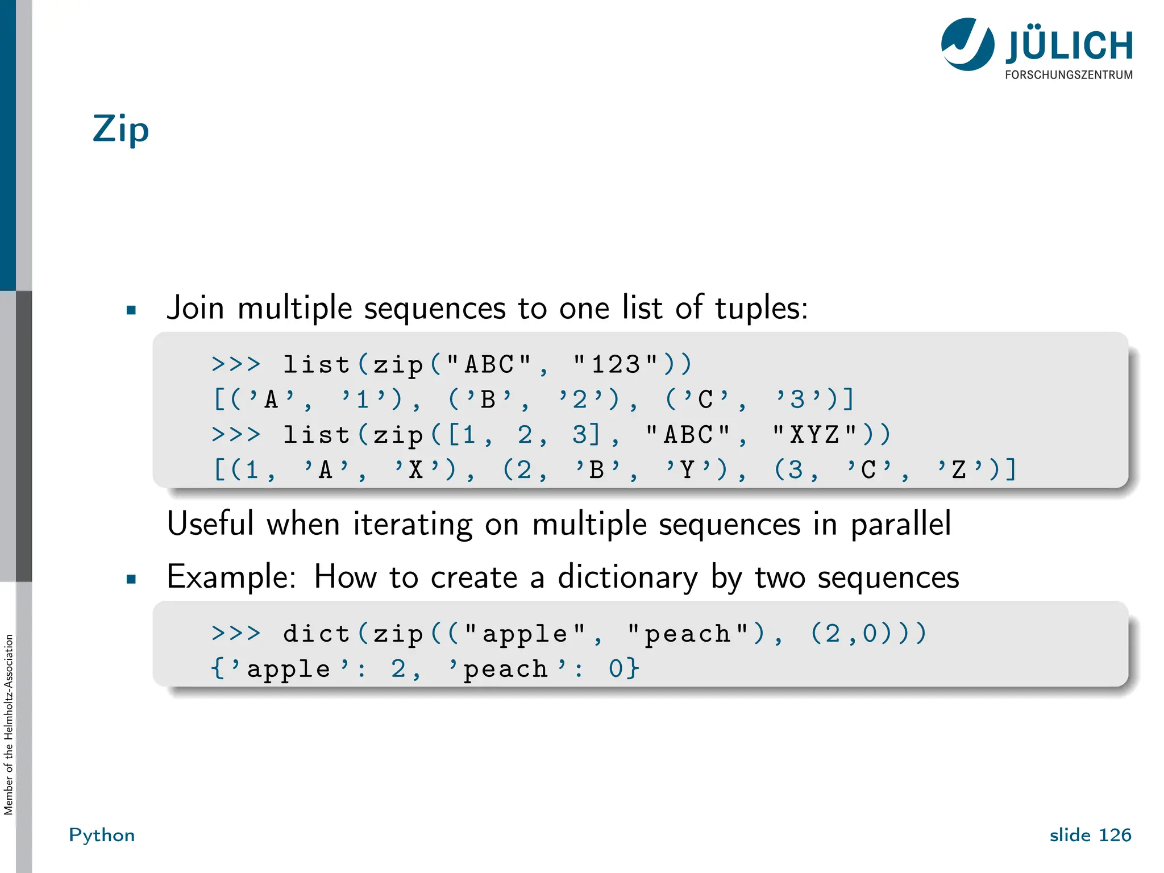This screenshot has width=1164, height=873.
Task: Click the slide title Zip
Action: (120, 130)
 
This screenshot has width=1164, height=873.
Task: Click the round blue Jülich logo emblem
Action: (967, 44)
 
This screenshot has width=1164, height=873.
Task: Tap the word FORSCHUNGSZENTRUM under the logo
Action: (1069, 75)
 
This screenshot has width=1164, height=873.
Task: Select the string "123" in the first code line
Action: (615, 364)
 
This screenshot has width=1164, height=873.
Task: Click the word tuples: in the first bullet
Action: (761, 308)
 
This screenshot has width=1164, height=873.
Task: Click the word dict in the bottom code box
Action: (316, 633)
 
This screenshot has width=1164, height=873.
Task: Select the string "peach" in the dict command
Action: (688, 633)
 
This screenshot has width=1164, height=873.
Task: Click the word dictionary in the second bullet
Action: (627, 577)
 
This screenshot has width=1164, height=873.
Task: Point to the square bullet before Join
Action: (131, 310)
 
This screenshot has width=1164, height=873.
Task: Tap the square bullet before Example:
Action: (131, 580)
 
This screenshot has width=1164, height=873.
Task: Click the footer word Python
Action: (102, 835)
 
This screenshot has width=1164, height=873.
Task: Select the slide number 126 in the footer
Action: (1115, 835)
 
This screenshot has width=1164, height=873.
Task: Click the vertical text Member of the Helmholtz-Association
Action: (8, 724)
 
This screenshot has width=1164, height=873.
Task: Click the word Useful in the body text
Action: (210, 523)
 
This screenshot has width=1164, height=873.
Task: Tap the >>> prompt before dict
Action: (236, 633)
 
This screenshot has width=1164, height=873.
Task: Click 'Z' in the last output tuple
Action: (960, 470)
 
